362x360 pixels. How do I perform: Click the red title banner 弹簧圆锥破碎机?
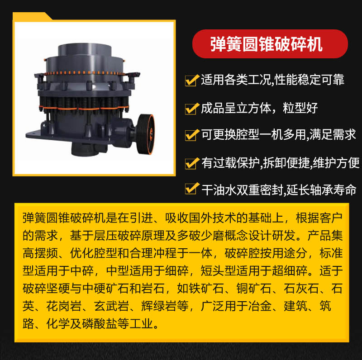click(x=270, y=44)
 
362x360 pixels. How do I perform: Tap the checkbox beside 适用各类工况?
click(x=192, y=80)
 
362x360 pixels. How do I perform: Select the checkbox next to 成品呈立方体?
click(x=192, y=109)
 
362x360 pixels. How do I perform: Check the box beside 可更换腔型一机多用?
click(x=192, y=135)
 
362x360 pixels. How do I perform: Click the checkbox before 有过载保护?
click(x=192, y=163)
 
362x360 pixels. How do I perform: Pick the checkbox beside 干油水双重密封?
click(x=192, y=188)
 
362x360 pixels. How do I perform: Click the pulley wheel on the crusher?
click(x=145, y=134)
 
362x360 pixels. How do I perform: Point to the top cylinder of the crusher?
click(x=85, y=50)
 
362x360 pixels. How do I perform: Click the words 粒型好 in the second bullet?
click(x=300, y=108)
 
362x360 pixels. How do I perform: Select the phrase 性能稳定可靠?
click(x=310, y=80)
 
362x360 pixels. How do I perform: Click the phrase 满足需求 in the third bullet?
click(x=333, y=134)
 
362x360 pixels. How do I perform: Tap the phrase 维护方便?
click(x=336, y=163)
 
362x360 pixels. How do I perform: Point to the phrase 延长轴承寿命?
click(x=321, y=190)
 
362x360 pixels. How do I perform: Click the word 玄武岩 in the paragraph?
click(x=111, y=306)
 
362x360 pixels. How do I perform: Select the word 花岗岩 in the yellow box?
click(x=64, y=306)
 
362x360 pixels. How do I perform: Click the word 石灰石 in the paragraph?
click(x=301, y=289)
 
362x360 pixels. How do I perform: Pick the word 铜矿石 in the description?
click(x=254, y=289)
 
